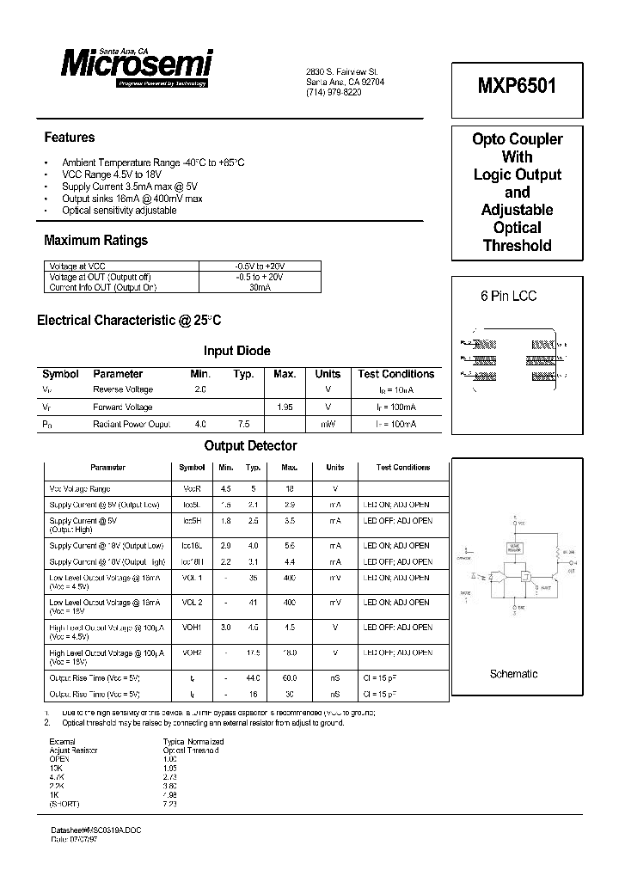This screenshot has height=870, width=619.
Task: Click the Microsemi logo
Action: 137,64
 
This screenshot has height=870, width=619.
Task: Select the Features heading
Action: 70,138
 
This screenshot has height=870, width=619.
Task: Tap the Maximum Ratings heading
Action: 95,241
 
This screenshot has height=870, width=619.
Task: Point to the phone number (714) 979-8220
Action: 334,92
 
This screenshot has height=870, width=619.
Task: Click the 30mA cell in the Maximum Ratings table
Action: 259,288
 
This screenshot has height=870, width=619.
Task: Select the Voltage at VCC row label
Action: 77,267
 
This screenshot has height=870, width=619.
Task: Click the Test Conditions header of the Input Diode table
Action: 395,374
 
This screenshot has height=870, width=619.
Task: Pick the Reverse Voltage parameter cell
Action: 123,390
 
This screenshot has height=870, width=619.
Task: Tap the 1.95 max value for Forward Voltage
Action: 285,407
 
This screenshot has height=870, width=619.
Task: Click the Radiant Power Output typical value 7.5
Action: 243,425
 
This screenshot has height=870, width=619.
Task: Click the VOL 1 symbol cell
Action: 192,579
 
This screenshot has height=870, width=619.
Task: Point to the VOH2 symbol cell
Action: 192,652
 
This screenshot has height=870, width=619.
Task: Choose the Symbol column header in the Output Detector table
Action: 192,468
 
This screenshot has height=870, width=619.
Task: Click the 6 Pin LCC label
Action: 508,296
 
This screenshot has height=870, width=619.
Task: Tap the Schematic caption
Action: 513,674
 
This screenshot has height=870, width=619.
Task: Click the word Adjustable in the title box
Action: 517,210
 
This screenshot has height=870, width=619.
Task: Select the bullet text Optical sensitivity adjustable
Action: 119,211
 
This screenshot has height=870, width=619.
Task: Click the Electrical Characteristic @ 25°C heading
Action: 129,321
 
